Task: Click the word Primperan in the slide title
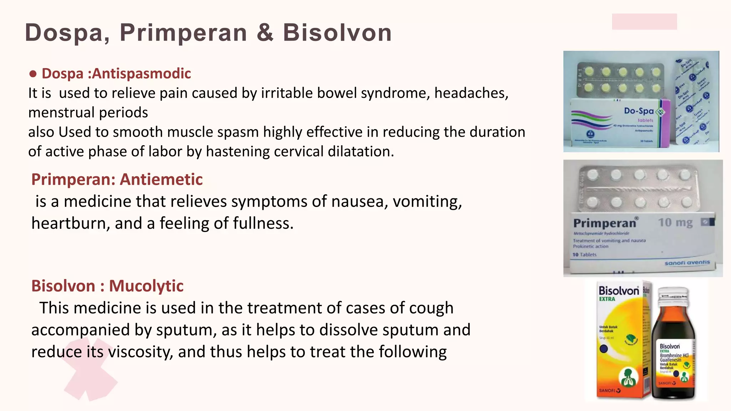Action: pyautogui.click(x=183, y=33)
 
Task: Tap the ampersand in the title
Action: pyautogui.click(x=265, y=33)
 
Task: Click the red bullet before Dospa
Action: pyautogui.click(x=33, y=74)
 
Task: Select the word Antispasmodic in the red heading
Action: pyautogui.click(x=141, y=73)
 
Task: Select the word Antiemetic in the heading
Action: pyautogui.click(x=161, y=179)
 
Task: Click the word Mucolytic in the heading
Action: pyautogui.click(x=146, y=286)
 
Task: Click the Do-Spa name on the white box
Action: pyautogui.click(x=639, y=111)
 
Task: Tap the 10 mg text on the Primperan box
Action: pyautogui.click(x=675, y=223)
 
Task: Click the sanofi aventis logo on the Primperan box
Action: pyautogui.click(x=687, y=263)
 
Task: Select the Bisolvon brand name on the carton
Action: pyautogui.click(x=619, y=291)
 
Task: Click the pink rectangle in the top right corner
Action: pyautogui.click(x=644, y=21)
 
